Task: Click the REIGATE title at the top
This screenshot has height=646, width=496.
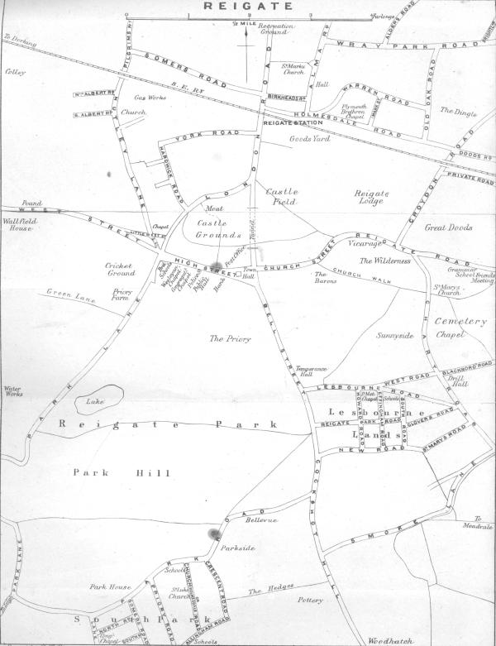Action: (x=248, y=6)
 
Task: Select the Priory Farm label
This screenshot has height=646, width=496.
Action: (x=123, y=296)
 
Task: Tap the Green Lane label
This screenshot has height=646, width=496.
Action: (x=67, y=292)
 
